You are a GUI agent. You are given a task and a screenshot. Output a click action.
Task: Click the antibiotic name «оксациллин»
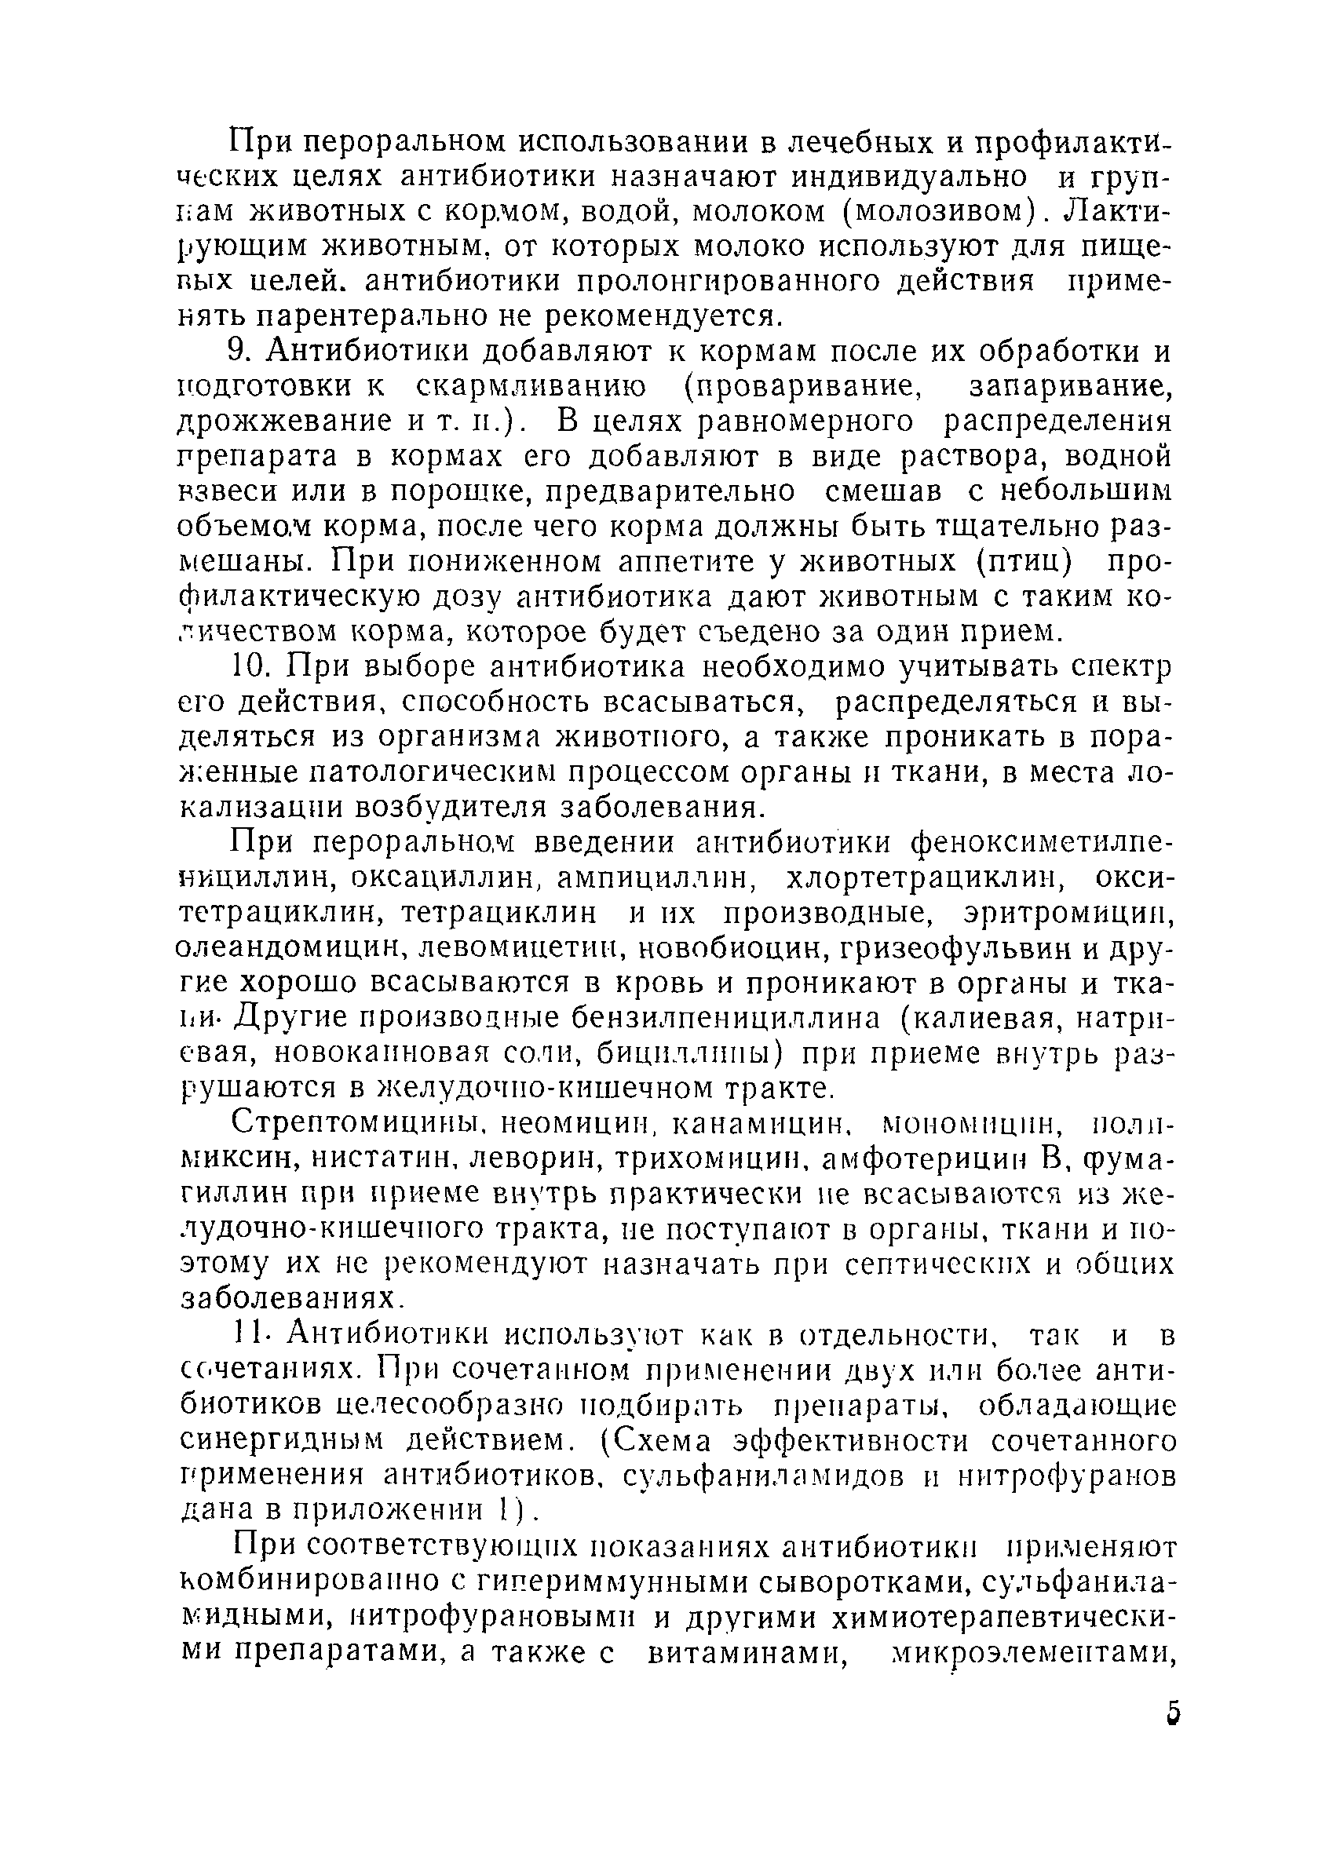442,877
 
